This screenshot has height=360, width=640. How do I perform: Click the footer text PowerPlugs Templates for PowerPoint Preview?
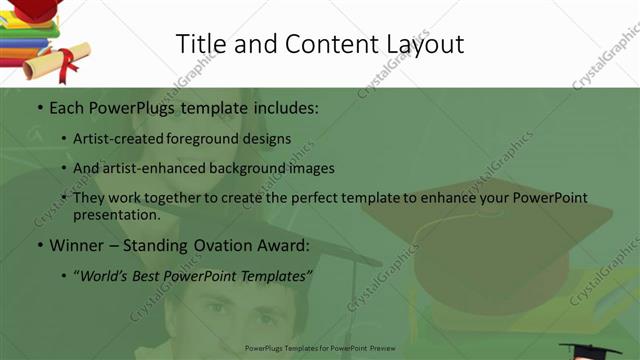(x=319, y=349)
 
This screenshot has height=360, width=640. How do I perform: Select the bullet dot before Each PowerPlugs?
(x=39, y=106)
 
